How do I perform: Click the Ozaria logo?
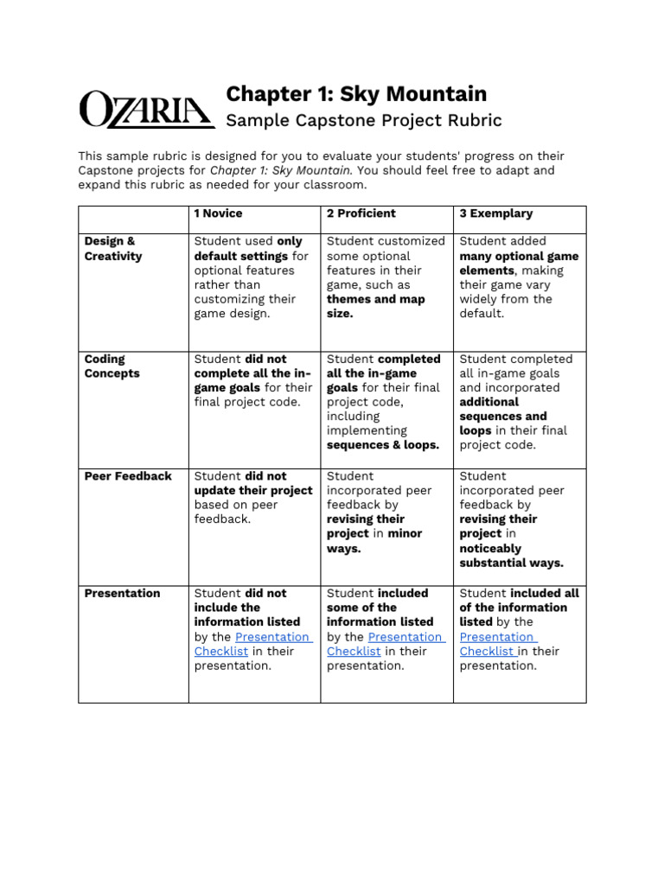click(146, 111)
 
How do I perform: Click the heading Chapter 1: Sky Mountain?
click(355, 93)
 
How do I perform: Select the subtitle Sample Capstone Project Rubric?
click(363, 120)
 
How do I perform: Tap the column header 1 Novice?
click(218, 213)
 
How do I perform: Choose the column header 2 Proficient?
click(361, 213)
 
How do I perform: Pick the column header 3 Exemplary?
click(495, 213)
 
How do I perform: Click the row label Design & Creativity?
click(112, 249)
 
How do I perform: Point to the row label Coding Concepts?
click(112, 366)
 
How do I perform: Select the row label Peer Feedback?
click(128, 476)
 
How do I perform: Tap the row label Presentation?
click(122, 594)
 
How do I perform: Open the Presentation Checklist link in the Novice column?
click(272, 637)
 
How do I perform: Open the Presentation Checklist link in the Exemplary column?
click(496, 644)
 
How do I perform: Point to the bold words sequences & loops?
click(382, 446)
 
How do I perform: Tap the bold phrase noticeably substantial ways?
click(510, 556)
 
